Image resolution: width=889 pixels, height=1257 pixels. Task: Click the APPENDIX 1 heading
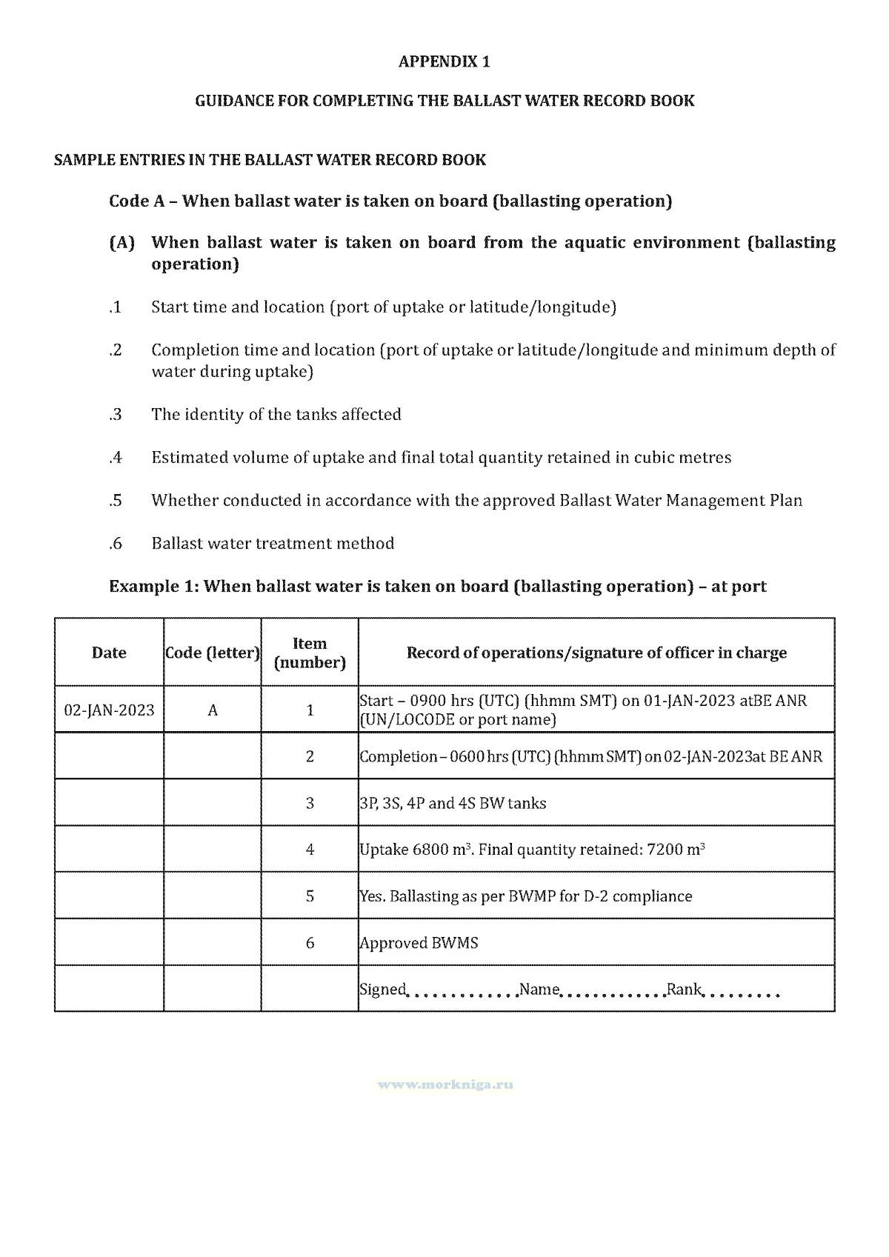pos(444,61)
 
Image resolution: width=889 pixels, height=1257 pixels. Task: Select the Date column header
pos(109,653)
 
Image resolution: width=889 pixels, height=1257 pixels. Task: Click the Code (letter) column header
pos(213,653)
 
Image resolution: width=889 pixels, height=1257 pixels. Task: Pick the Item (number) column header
pos(310,653)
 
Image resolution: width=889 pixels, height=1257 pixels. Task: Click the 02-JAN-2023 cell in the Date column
pos(110,710)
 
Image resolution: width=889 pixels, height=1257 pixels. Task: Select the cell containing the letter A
pos(213,710)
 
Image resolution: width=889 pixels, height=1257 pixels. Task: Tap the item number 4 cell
pos(310,850)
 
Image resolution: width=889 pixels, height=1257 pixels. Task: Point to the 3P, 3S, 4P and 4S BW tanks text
pos(453,804)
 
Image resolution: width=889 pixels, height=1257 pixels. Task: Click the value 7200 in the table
pos(664,850)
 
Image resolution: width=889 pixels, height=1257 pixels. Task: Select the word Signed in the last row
pos(382,990)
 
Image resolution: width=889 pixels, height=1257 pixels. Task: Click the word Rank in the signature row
pos(684,990)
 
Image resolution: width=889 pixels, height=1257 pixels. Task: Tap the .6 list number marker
pos(115,544)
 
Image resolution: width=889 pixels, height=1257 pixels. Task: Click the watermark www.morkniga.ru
pos(445,1084)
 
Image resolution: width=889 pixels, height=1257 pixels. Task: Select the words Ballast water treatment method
pos(273,544)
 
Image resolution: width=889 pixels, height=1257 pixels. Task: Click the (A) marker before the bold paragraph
pos(121,243)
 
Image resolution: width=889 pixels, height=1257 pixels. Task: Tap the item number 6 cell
pos(310,943)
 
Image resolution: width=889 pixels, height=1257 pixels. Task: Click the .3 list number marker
pos(115,415)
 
